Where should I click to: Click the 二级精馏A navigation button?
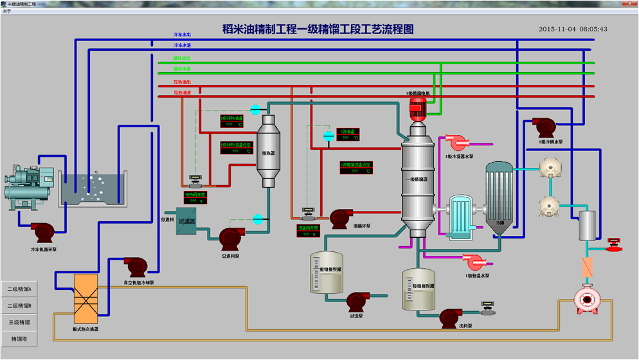click(19, 289)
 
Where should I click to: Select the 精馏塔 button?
click(19, 339)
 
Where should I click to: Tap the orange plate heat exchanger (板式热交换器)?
click(85, 299)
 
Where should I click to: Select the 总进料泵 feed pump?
click(231, 239)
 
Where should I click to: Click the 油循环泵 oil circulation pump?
click(340, 217)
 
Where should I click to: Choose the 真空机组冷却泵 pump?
click(136, 266)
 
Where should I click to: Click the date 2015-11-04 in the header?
click(557, 29)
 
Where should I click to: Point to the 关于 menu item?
click(7, 11)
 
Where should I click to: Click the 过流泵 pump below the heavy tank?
click(357, 301)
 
